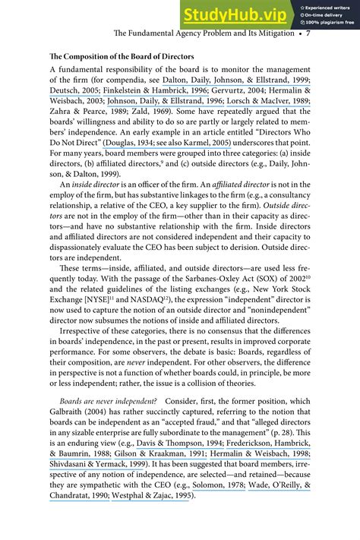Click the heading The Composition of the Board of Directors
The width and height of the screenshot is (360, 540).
click(122, 58)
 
